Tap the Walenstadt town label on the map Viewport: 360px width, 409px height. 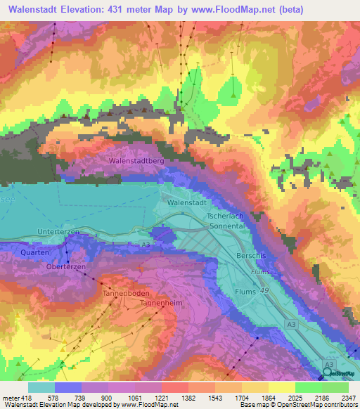[188, 202]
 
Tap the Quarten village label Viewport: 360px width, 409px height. [34, 252]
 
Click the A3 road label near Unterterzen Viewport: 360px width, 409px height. [145, 243]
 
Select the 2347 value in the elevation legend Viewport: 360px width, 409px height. [347, 397]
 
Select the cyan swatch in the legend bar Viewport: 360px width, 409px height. [41, 387]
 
